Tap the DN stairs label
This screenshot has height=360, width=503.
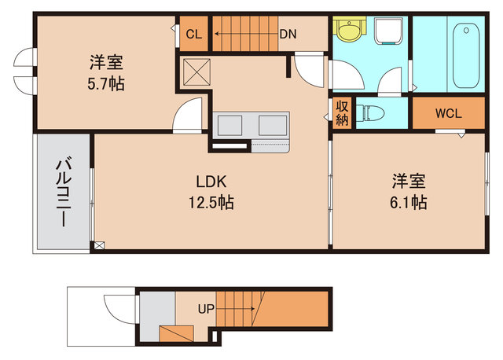(x=287, y=34)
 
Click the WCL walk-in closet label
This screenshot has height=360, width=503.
(x=448, y=112)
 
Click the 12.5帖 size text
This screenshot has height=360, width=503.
(x=211, y=202)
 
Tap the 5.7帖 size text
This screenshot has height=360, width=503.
(x=104, y=82)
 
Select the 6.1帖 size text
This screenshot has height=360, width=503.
(x=409, y=202)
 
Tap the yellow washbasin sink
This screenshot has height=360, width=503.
(x=347, y=31)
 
